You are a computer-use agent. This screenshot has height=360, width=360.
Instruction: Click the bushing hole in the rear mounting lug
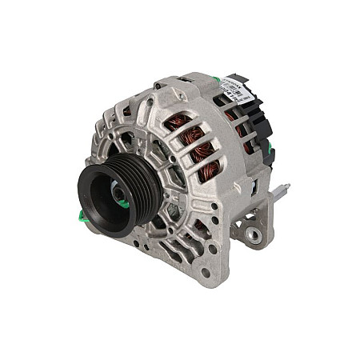pos(253,234)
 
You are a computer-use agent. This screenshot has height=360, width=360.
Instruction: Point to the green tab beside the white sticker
pos(214,79)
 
